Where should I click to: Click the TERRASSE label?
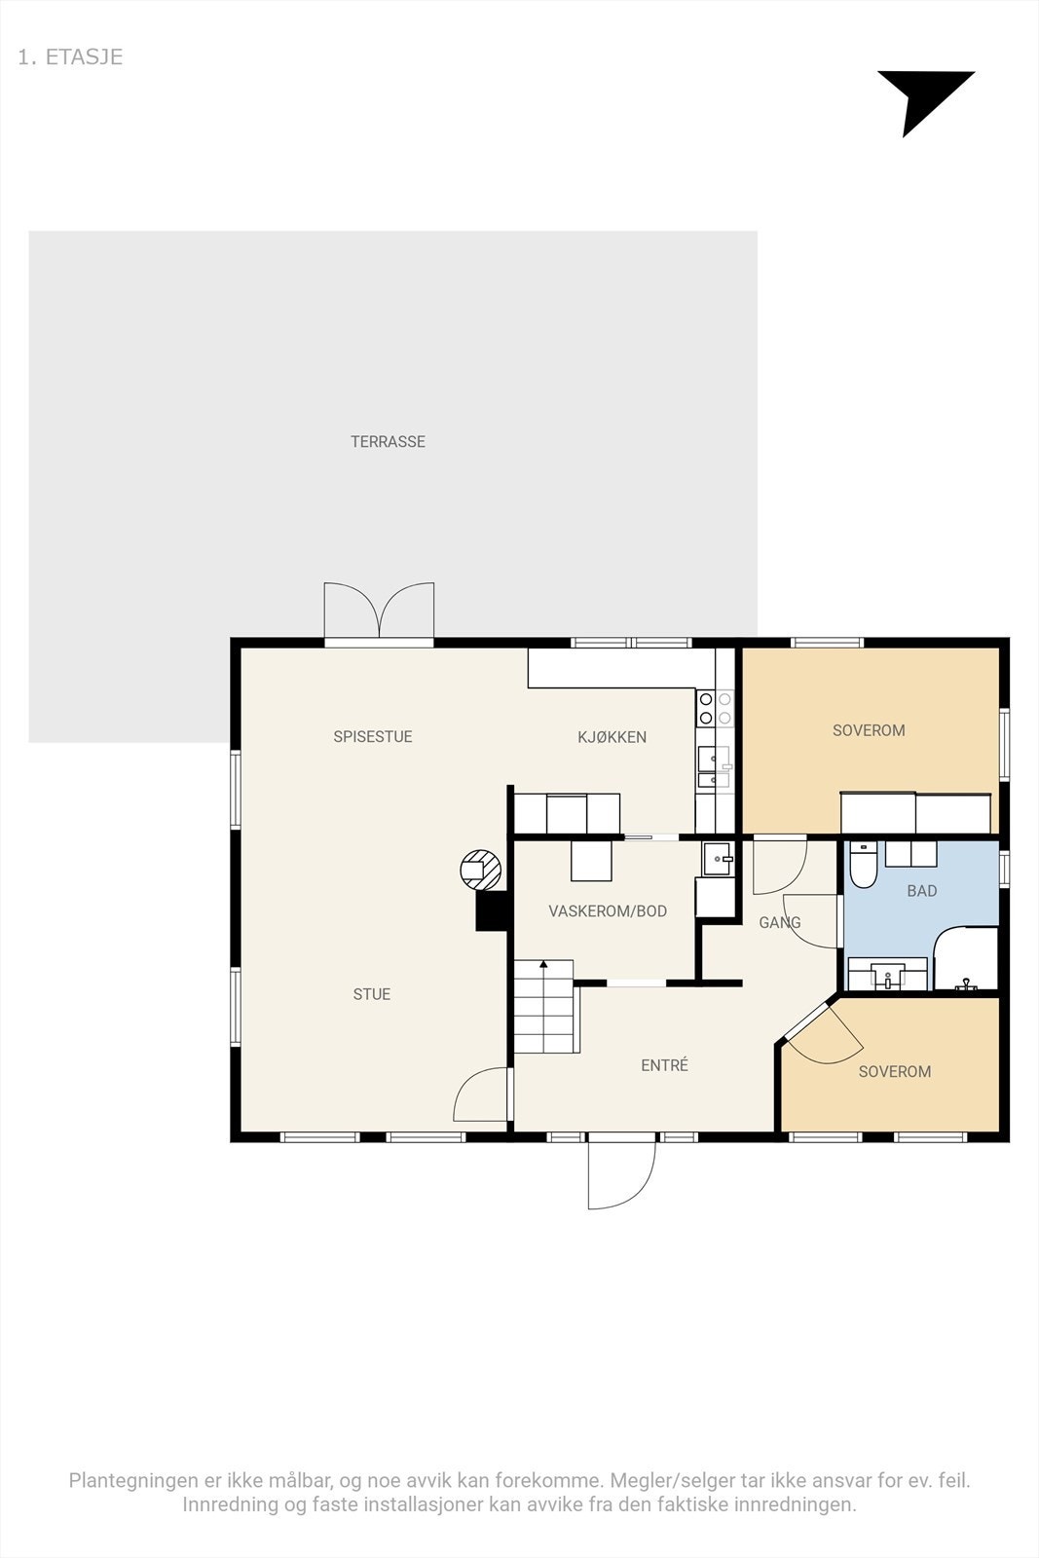(x=388, y=442)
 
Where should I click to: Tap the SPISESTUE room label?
(x=373, y=736)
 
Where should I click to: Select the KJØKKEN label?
(x=612, y=737)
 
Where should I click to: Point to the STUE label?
(x=371, y=994)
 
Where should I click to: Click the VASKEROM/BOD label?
(x=608, y=911)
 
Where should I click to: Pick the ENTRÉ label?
(x=665, y=1065)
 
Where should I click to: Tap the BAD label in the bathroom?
(x=922, y=891)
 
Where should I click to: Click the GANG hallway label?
(x=780, y=923)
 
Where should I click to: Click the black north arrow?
(x=923, y=100)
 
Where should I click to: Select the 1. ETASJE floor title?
(x=70, y=57)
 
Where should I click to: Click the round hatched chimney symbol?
(x=481, y=870)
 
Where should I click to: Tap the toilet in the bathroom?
(x=864, y=865)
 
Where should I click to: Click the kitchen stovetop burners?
(x=715, y=708)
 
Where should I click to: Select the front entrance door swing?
(x=621, y=1174)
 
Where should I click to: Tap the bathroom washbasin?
(x=887, y=974)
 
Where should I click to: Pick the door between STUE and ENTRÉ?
(x=481, y=1094)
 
